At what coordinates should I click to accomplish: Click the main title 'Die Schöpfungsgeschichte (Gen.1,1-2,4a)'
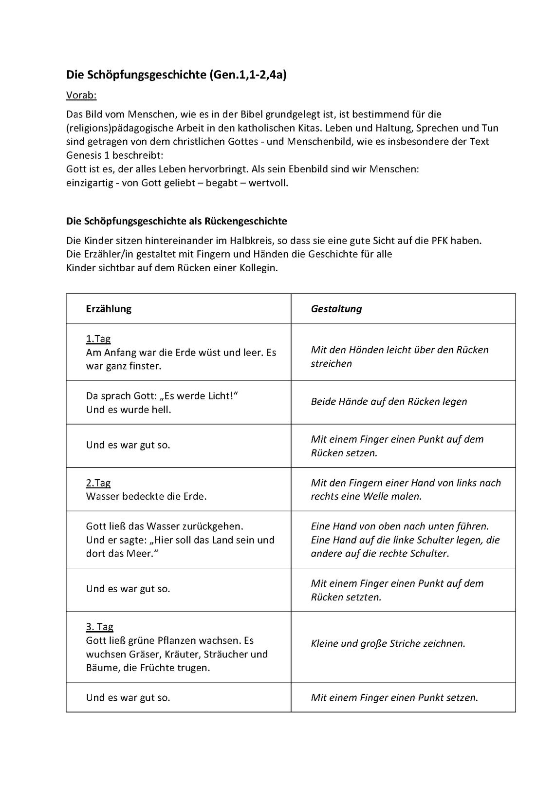(x=176, y=75)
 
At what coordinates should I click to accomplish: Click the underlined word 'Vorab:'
(x=81, y=95)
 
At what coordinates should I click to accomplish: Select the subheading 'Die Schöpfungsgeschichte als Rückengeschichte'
(x=176, y=221)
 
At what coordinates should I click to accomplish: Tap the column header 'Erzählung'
(x=109, y=309)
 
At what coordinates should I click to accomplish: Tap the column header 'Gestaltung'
(x=336, y=309)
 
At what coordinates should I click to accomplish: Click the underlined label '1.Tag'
(x=98, y=338)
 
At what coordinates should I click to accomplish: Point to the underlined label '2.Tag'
(x=98, y=483)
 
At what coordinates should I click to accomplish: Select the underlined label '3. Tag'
(x=100, y=627)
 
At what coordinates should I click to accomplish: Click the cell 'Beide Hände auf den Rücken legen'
(x=389, y=402)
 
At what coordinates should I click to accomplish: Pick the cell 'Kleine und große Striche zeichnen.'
(x=388, y=644)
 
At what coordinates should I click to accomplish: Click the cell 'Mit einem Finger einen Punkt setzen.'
(x=394, y=698)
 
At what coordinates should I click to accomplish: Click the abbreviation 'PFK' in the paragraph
(x=440, y=241)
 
